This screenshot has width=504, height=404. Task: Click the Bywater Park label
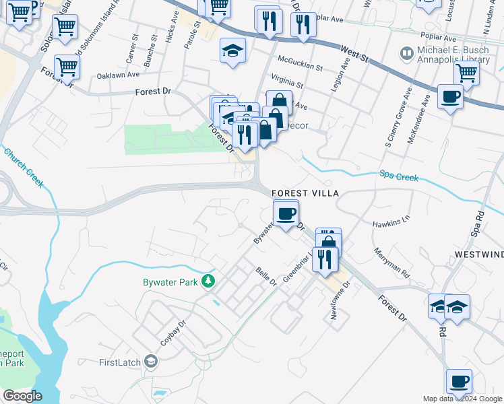coord(172,281)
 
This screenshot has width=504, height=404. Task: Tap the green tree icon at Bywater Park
coord(209,281)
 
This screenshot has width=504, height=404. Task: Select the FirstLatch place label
coord(120,363)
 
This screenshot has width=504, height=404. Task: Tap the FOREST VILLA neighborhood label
coord(305,193)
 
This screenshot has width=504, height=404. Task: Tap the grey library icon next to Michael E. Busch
coord(406,52)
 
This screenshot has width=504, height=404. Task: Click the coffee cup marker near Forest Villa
coord(286,213)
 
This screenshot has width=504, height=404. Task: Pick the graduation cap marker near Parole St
coord(233,50)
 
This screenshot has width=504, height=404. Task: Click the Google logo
coord(22,396)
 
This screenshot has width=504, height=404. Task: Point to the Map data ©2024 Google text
coord(462,399)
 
